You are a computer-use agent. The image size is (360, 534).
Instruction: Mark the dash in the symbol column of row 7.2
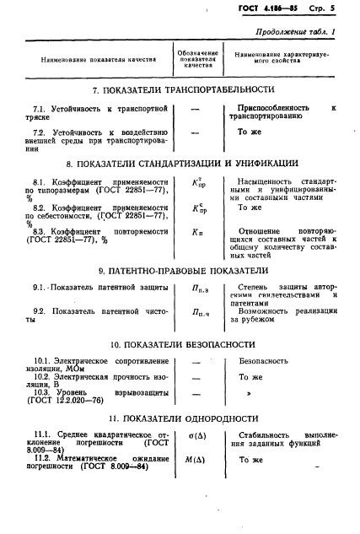[x=196, y=133]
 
